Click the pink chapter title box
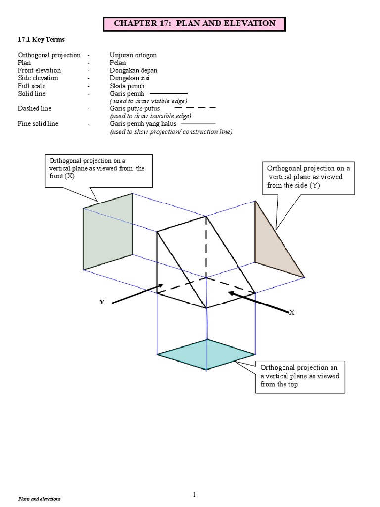(x=194, y=23)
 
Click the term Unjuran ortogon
(x=133, y=55)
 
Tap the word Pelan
(x=118, y=63)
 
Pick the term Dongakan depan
(x=130, y=70)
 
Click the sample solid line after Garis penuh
(x=168, y=93)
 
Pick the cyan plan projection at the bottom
(x=206, y=355)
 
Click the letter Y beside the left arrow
(x=102, y=302)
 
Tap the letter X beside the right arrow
(x=292, y=312)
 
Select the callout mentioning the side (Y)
(x=309, y=177)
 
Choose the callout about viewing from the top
(x=300, y=376)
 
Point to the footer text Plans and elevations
(x=39, y=500)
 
